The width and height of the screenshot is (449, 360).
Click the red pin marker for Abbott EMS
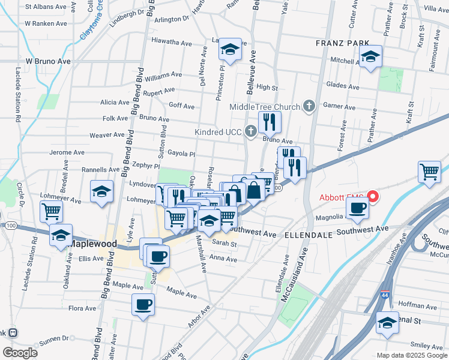tap(372, 196)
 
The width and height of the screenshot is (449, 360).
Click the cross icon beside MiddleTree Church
tap(309, 107)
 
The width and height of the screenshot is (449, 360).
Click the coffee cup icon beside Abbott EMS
tap(358, 208)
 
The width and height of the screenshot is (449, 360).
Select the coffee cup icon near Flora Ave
tap(143, 304)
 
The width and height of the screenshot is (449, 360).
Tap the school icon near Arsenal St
tap(388, 323)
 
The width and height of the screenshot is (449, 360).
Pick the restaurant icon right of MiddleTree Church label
tap(270, 122)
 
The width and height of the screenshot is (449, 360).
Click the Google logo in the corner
tap(20, 353)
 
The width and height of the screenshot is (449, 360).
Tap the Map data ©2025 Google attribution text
tap(411, 355)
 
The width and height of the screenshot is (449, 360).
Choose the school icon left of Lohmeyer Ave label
tap(101, 192)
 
